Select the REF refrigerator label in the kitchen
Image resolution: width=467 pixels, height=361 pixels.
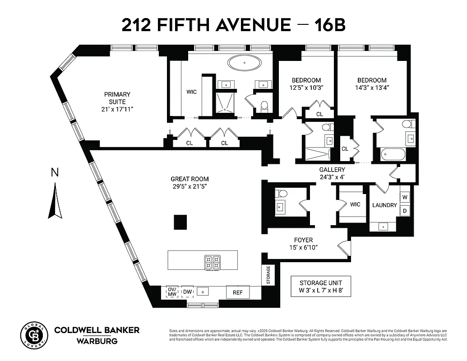click(237, 292)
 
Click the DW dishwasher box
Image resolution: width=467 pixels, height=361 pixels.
click(187, 292)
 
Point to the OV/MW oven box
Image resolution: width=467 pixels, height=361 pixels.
click(172, 292)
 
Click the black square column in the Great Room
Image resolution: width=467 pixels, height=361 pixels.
click(181, 222)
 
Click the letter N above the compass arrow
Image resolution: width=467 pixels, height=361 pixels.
click(55, 172)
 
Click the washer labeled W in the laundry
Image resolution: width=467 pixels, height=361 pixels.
click(405, 197)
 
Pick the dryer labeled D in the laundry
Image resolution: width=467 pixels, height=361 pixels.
click(405, 211)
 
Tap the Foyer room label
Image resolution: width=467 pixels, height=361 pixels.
click(302, 240)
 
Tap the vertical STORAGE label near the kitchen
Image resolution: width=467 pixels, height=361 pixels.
click(268, 275)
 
